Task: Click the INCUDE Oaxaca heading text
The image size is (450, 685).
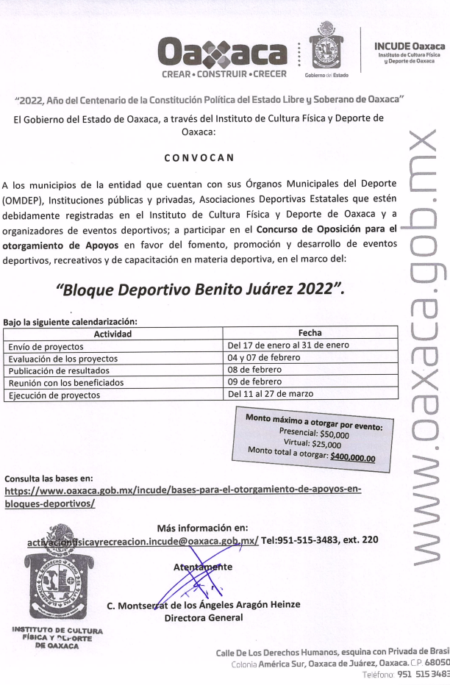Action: [410, 46]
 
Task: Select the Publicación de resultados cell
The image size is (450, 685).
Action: [59, 370]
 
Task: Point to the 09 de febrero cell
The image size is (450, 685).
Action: [255, 381]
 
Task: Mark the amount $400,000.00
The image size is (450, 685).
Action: [352, 457]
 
